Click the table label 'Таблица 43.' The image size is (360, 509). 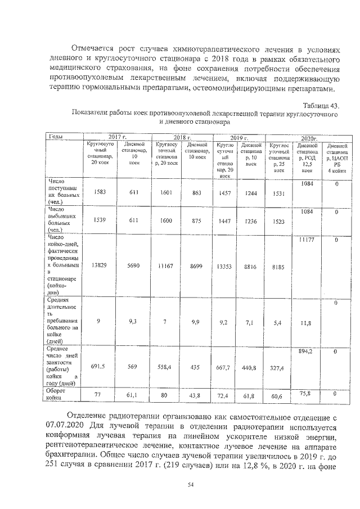point(321,106)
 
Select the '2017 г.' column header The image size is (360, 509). point(118,137)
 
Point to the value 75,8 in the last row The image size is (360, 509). point(307,393)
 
